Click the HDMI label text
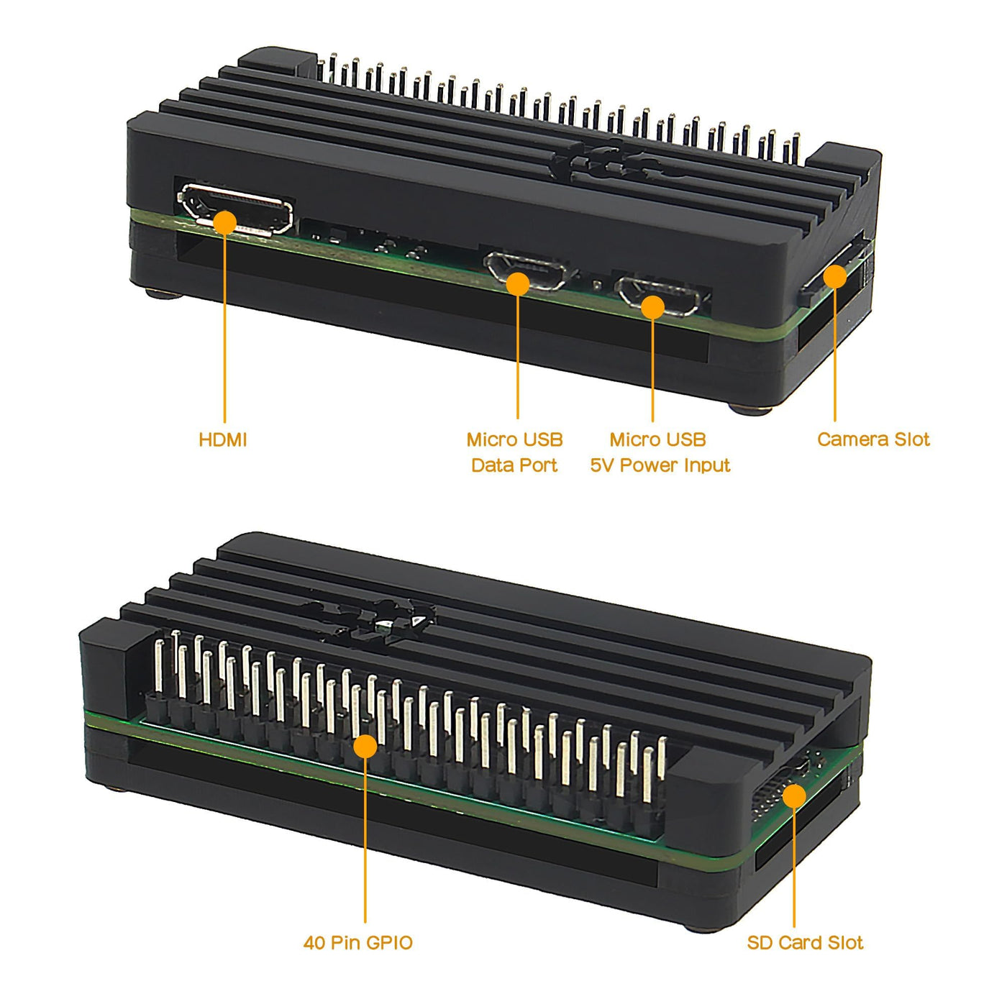click(x=222, y=439)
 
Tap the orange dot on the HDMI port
click(x=225, y=222)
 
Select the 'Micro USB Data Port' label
click(x=515, y=452)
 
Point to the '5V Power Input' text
click(x=660, y=465)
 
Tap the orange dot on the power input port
click(x=652, y=306)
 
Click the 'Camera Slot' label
click(x=873, y=439)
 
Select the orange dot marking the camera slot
click(x=835, y=276)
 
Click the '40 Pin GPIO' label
click(x=358, y=943)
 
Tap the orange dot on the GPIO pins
click(x=365, y=746)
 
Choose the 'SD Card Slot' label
click(x=805, y=943)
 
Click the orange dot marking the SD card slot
click(x=794, y=796)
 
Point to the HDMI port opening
click(x=236, y=209)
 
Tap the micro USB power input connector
click(x=660, y=296)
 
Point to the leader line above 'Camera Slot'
click(x=835, y=355)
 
